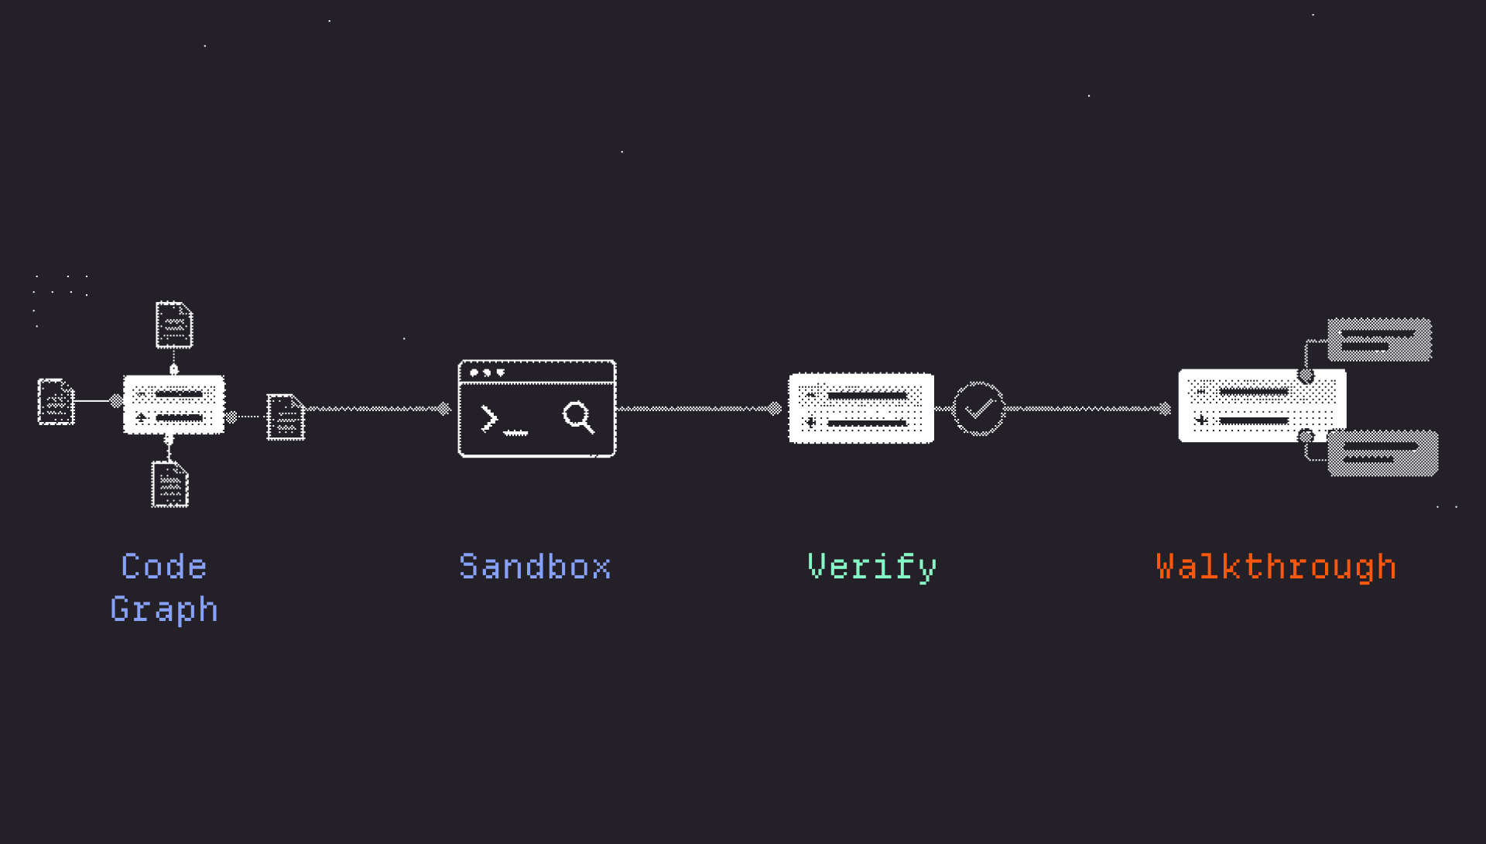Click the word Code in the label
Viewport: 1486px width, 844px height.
(164, 567)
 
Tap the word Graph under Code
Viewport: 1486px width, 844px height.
(164, 609)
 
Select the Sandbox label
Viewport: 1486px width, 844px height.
(535, 567)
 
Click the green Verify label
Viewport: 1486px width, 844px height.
(871, 568)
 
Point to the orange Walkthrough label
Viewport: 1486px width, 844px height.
(1276, 568)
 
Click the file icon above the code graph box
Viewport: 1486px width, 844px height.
(174, 324)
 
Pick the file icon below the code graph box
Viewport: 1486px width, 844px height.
(170, 484)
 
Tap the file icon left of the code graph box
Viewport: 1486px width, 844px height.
(56, 401)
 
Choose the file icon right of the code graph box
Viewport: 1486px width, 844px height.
(286, 417)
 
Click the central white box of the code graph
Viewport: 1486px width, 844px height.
(174, 404)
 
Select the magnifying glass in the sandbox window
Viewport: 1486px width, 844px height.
(578, 417)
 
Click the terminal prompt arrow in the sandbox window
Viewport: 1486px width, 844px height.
(489, 418)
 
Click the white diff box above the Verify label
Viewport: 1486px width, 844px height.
(861, 408)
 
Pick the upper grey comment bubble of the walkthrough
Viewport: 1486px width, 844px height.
(1380, 340)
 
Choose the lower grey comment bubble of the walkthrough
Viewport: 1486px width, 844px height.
(1383, 453)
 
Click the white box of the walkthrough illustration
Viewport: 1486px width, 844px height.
(1262, 406)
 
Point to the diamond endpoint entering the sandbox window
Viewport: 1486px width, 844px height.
(444, 409)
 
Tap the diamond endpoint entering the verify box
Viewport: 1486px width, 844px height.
(775, 409)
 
